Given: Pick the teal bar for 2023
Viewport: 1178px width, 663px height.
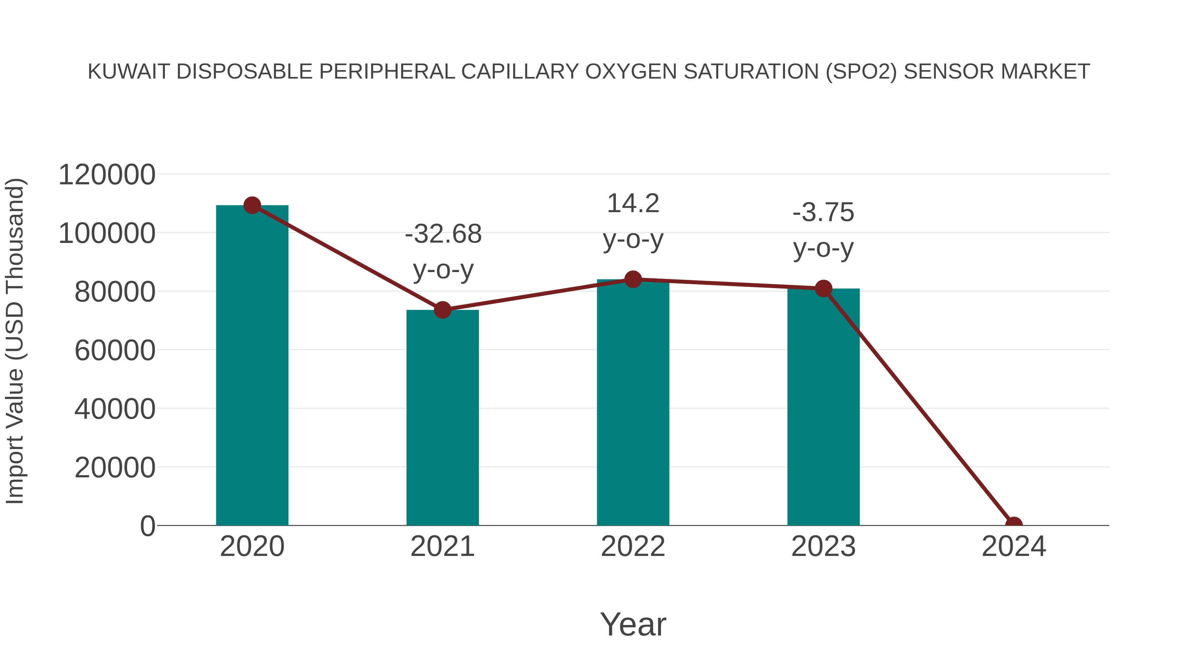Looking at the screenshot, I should coord(823,412).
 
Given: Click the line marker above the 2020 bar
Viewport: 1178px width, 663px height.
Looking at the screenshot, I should coord(252,205).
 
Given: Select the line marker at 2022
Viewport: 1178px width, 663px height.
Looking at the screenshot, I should coord(633,279).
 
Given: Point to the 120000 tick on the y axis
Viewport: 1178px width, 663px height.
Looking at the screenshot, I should coord(107,175).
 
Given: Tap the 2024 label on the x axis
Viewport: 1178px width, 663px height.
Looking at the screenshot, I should coord(1014,546).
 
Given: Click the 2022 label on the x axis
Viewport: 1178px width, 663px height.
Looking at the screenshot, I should coord(633,546).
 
